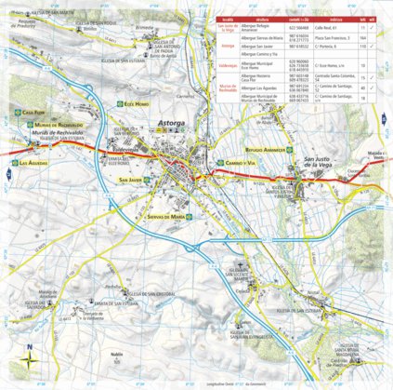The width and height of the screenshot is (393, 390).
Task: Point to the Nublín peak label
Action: [x=117, y=355]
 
